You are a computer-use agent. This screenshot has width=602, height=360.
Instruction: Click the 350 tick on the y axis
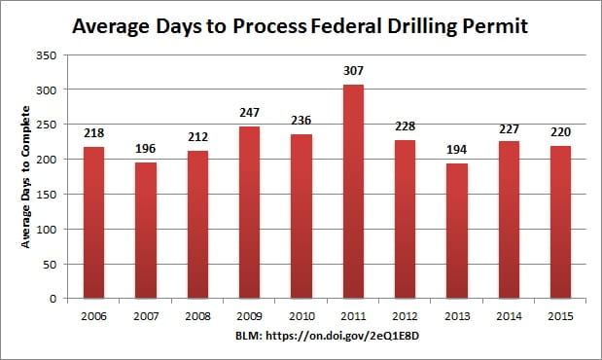[x=57, y=54]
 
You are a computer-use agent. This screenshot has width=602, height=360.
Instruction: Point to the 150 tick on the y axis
[x=57, y=195]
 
